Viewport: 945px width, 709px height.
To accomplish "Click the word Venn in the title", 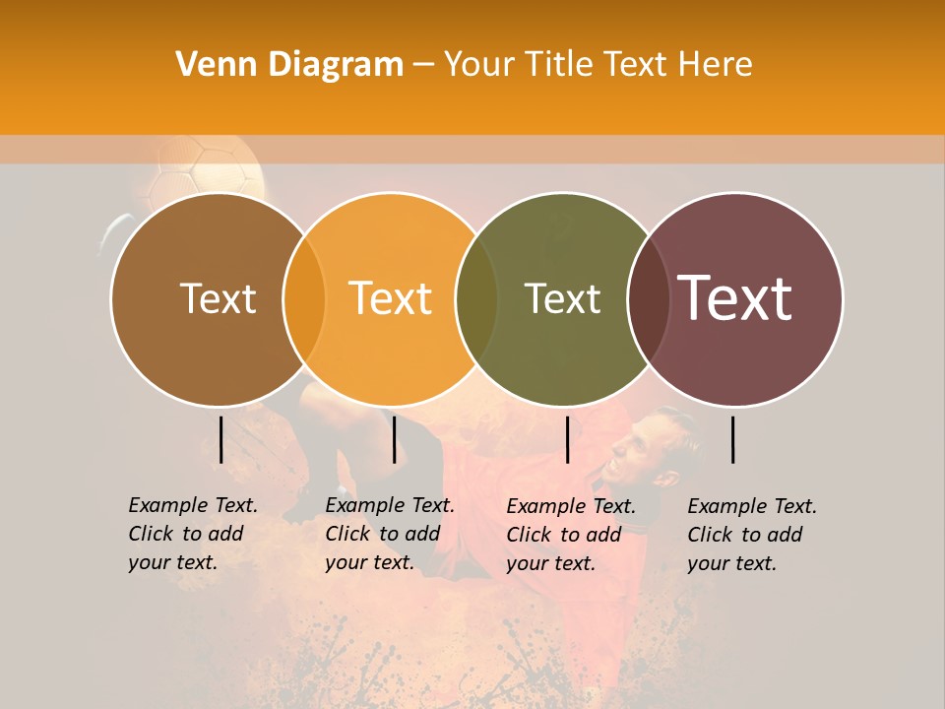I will (210, 64).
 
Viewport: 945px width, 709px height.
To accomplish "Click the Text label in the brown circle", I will (218, 298).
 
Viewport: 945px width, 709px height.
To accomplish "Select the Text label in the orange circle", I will (390, 298).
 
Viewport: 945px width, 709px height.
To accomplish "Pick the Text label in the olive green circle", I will (562, 298).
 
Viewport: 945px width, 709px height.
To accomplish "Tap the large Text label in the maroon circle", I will (734, 297).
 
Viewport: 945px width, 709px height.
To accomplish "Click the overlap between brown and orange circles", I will (304, 298).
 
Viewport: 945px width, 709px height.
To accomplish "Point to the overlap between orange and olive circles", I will (476, 298).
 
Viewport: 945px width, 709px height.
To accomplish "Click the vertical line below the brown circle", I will (220, 439).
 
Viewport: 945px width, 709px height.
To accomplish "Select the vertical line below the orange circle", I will (394, 439).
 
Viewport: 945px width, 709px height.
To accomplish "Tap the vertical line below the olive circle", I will (567, 439).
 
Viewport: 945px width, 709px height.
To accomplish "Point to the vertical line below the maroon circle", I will (733, 439).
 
